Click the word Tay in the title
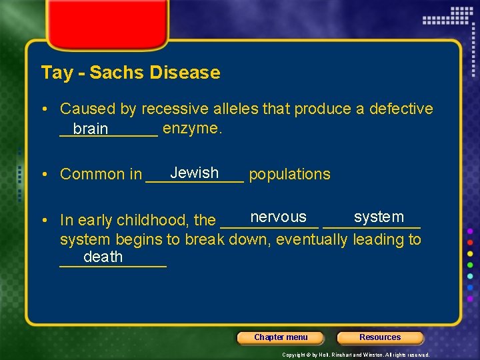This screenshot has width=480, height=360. coord(57,72)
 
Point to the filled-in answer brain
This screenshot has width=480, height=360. coord(91,129)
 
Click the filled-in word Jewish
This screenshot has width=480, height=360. coord(194,173)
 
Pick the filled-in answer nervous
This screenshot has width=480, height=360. coord(278,217)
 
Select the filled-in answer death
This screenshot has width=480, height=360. coord(103,257)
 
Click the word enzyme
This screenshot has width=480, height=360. coord(192,128)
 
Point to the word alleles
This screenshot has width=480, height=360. coord(237,109)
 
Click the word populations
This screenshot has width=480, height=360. coord(289,174)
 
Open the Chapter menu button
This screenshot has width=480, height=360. coord(281,337)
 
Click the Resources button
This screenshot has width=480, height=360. coord(380,337)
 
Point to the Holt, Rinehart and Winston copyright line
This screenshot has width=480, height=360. coord(355,355)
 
